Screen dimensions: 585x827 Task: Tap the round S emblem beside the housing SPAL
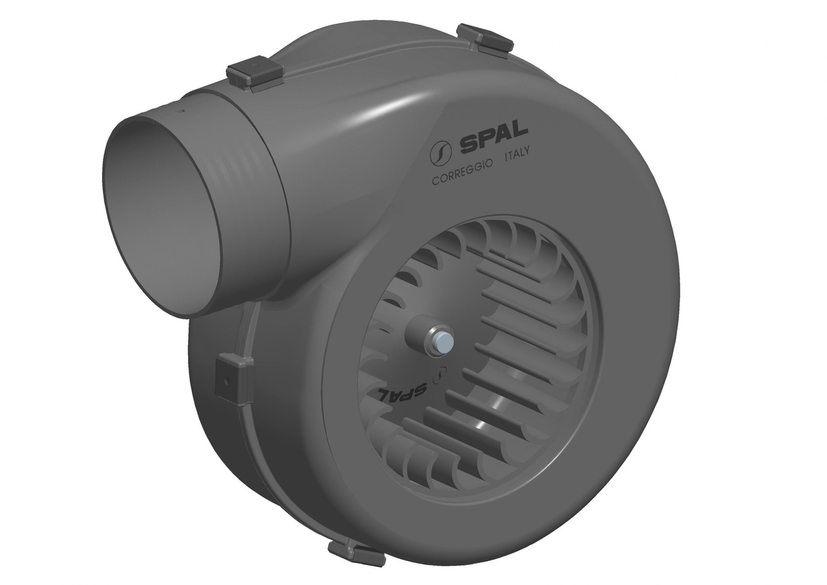tap(441, 154)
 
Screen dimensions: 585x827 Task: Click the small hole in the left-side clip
tap(227, 381)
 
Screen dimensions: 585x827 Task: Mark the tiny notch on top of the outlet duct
tap(182, 111)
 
